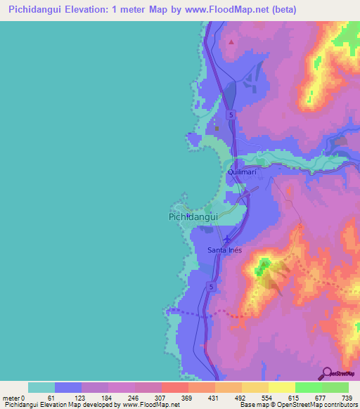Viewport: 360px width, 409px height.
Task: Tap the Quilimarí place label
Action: click(244, 171)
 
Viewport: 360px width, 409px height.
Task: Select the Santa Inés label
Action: click(226, 250)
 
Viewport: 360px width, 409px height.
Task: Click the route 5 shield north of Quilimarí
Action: click(230, 113)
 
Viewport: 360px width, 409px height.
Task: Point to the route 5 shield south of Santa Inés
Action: click(210, 287)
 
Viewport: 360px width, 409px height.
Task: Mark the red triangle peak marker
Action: click(231, 41)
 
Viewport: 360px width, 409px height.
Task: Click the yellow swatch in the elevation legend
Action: click(281, 387)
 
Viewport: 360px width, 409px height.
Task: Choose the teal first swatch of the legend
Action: click(41, 387)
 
